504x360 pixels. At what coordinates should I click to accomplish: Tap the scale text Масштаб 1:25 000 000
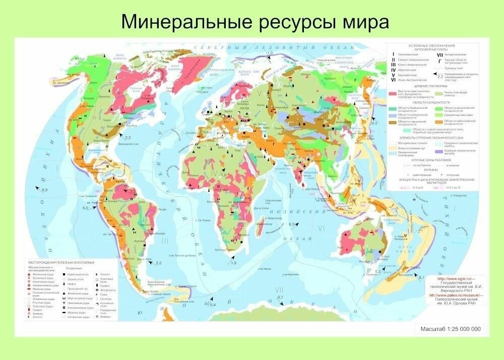click(x=450, y=329)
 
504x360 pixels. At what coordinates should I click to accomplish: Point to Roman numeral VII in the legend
click(x=439, y=54)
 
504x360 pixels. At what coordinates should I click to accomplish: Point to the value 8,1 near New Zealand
click(x=422, y=278)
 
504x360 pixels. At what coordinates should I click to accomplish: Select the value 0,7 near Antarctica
click(x=281, y=297)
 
